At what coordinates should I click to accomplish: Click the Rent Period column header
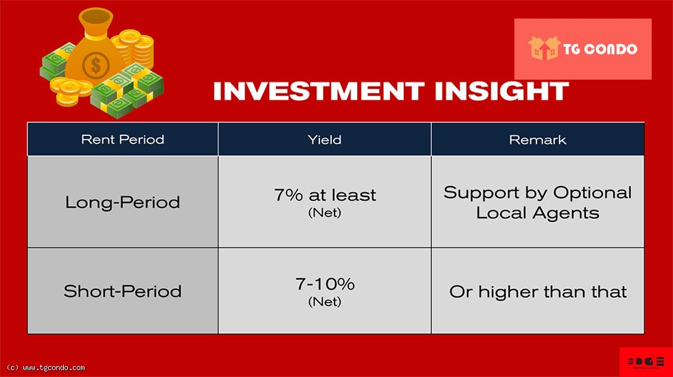click(x=123, y=139)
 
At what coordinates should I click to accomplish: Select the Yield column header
click(x=324, y=139)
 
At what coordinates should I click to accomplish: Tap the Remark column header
click(x=537, y=139)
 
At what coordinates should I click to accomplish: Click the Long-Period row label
click(x=123, y=203)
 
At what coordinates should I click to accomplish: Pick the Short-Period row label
click(x=123, y=292)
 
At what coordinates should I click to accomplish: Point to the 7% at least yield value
click(x=325, y=196)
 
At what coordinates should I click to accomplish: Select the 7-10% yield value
click(x=325, y=284)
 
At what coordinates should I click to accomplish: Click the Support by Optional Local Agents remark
click(x=537, y=203)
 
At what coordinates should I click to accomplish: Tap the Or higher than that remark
click(x=538, y=292)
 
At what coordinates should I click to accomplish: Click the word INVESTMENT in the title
click(x=319, y=91)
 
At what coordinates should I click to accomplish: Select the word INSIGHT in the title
click(x=502, y=91)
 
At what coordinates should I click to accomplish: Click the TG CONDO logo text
click(x=600, y=49)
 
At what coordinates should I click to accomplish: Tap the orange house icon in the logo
click(x=544, y=47)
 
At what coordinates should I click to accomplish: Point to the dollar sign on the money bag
click(x=95, y=66)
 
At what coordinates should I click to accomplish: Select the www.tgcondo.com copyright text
click(x=46, y=368)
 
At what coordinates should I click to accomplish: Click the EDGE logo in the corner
click(x=646, y=361)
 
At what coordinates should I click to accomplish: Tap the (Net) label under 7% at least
click(x=324, y=213)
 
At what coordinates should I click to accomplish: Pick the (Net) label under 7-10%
click(x=324, y=301)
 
